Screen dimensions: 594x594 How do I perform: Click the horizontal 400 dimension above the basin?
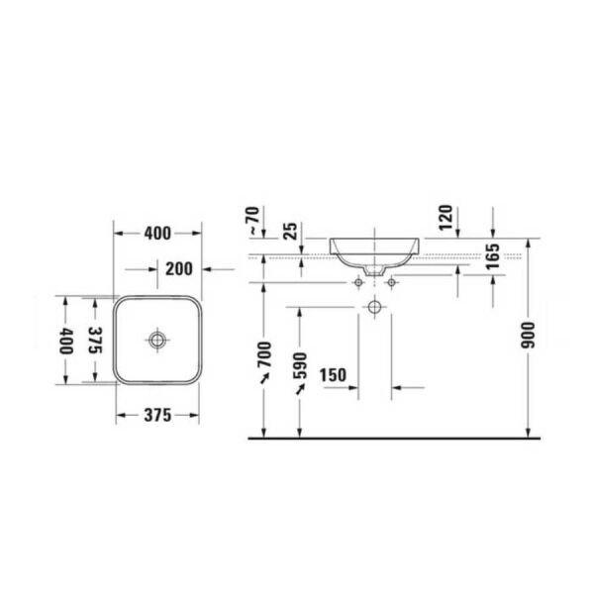(x=157, y=234)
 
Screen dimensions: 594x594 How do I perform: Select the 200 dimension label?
(x=179, y=268)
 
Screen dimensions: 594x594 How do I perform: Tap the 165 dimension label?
(x=491, y=262)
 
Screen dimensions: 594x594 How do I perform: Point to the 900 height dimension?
(x=529, y=337)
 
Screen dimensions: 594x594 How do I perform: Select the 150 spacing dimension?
(x=334, y=374)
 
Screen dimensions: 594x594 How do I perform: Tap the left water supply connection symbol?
(x=357, y=284)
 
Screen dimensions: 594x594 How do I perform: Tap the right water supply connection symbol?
(x=392, y=284)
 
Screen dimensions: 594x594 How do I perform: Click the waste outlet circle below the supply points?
(x=374, y=307)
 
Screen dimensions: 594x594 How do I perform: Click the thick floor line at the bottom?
(x=396, y=438)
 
